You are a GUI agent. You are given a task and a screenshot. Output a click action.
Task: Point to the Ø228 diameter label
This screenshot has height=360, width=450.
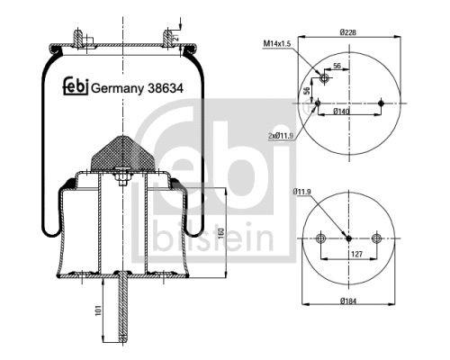(349, 33)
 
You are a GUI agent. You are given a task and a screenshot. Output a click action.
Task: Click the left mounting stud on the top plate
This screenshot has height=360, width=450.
(80, 38)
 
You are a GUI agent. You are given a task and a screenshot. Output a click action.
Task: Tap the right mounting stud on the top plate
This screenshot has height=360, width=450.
(167, 38)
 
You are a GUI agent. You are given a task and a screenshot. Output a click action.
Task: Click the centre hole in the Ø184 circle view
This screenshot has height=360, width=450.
(349, 238)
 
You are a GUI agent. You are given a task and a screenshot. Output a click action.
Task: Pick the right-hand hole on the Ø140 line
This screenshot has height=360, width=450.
(382, 103)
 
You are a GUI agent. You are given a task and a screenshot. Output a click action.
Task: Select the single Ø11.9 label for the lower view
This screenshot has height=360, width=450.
(301, 191)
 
